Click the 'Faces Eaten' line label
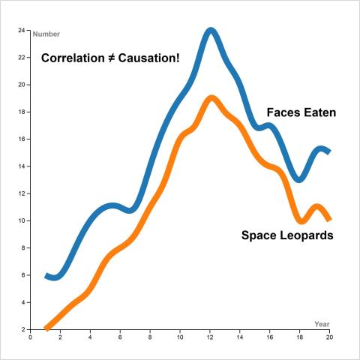tap(301, 113)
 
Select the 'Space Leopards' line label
tap(287, 235)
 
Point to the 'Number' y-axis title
tap(46, 34)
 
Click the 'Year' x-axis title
tap(322, 323)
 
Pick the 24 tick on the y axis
tap(22, 31)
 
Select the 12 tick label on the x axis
tap(210, 337)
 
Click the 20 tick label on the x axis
tap(330, 337)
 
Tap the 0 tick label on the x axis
tap(30, 337)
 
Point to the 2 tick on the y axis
tap(23, 329)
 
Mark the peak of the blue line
tap(211, 31)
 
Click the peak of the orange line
tap(211, 98)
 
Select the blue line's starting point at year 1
tap(46, 275)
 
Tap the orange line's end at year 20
tap(329, 220)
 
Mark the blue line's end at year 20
tap(329, 152)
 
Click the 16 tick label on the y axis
tap(22, 139)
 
